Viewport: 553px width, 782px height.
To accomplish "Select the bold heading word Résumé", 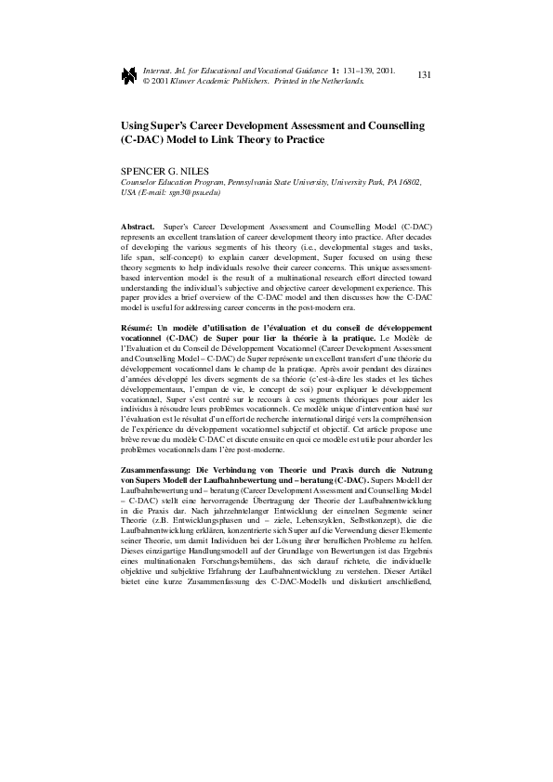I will point(138,329).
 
